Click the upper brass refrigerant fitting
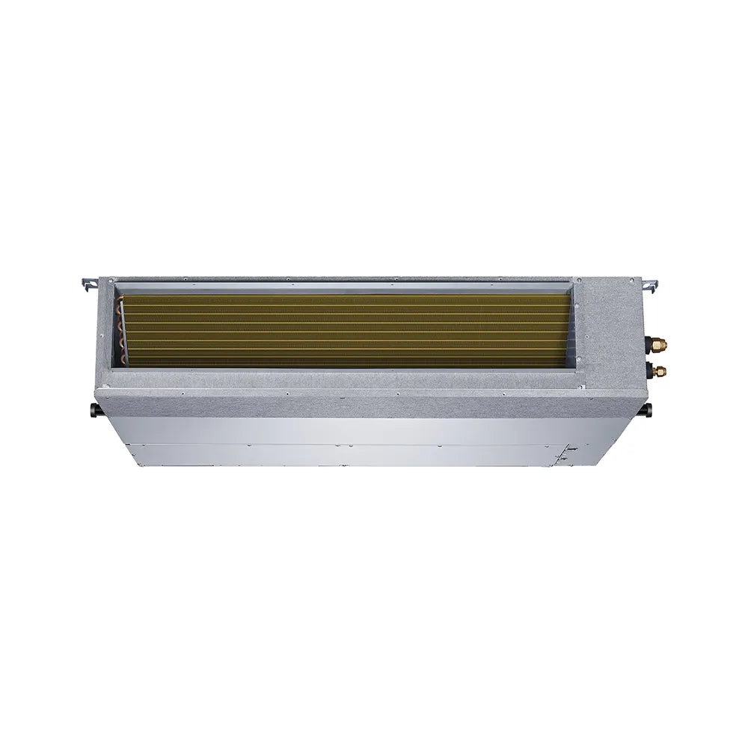click(x=660, y=346)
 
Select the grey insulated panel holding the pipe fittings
click(x=613, y=329)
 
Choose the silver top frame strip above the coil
click(x=344, y=285)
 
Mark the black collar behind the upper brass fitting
click(x=649, y=346)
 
